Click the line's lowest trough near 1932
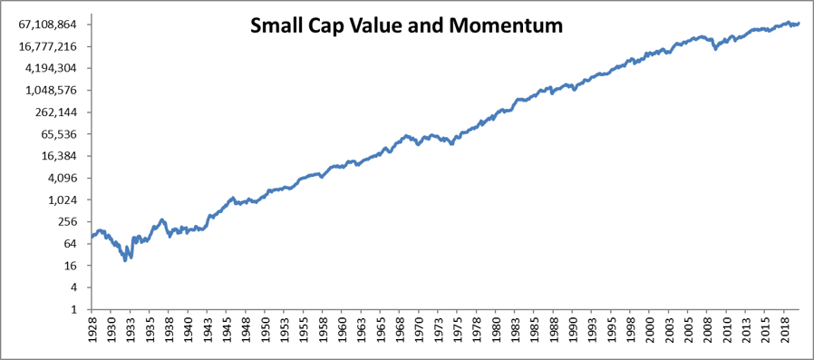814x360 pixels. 125,260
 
